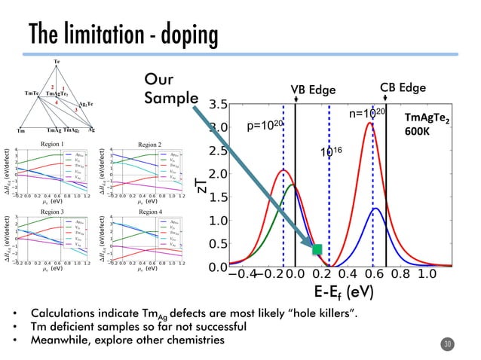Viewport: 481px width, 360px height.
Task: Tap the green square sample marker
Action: [x=317, y=249]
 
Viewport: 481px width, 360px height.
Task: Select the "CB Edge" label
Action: [x=403, y=87]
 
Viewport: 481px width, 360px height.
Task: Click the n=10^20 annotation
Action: [x=367, y=113]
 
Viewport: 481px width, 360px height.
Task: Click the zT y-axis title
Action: [x=201, y=185]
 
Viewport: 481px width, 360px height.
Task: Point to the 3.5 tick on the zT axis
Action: [x=219, y=104]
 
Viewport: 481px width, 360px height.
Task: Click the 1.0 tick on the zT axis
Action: [x=219, y=220]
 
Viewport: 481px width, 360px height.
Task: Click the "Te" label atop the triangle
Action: [x=57, y=61]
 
